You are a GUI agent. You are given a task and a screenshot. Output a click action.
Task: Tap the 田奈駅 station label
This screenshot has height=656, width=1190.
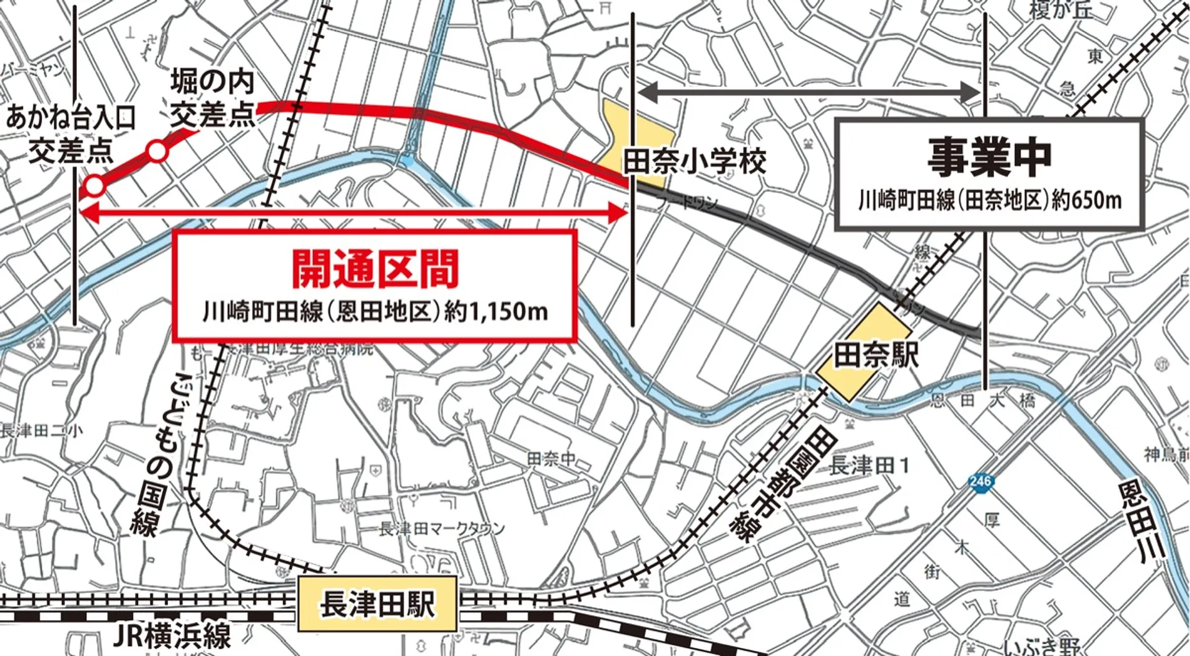[x=875, y=355]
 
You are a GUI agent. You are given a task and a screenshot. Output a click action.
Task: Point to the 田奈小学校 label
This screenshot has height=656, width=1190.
[x=694, y=162]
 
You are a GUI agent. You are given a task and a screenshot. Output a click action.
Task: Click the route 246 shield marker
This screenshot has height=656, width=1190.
[x=979, y=482]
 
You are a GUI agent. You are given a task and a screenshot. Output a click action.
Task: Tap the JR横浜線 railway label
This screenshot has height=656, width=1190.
[x=173, y=636]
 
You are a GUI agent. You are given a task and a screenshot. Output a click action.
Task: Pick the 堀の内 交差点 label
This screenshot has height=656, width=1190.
[x=213, y=99]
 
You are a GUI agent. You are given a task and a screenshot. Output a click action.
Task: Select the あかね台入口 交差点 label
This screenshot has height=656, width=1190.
[x=71, y=134]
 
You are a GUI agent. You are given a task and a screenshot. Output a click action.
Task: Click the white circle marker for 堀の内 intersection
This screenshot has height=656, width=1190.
[x=157, y=152]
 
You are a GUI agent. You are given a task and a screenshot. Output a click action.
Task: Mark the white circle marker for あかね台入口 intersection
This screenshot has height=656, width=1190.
[x=95, y=185]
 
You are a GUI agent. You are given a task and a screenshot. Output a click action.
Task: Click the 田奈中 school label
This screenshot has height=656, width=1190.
[x=552, y=459]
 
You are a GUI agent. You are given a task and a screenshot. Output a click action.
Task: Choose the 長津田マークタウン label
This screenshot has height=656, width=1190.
[x=442, y=529]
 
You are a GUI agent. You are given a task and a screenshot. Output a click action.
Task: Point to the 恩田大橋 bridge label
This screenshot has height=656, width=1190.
[x=982, y=401]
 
